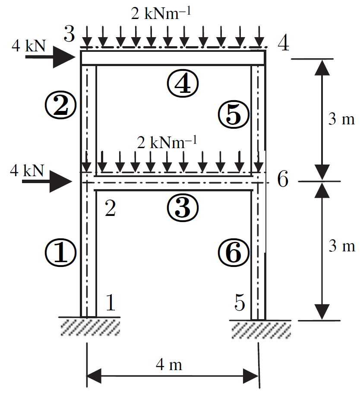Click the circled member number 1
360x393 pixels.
tap(60, 252)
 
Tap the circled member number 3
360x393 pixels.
tap(183, 208)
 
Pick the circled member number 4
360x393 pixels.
tap(183, 83)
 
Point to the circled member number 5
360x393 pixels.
tap(234, 114)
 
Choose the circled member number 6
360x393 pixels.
tap(234, 252)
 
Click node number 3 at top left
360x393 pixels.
tap(69, 34)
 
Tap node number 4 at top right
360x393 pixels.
tap(283, 43)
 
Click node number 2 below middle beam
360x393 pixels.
tap(110, 208)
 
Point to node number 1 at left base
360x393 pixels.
tap(111, 302)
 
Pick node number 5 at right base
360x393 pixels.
tap(240, 302)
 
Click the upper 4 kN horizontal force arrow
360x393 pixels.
tap(51, 57)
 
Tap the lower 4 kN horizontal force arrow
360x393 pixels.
tap(47, 181)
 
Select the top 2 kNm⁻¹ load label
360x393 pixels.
tap(161, 13)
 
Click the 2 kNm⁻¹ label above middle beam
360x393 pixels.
tap(167, 143)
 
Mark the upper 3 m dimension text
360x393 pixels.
tap(341, 119)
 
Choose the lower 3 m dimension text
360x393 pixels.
tap(342, 246)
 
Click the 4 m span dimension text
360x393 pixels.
tap(169, 364)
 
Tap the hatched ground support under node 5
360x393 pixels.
tap(261, 330)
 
